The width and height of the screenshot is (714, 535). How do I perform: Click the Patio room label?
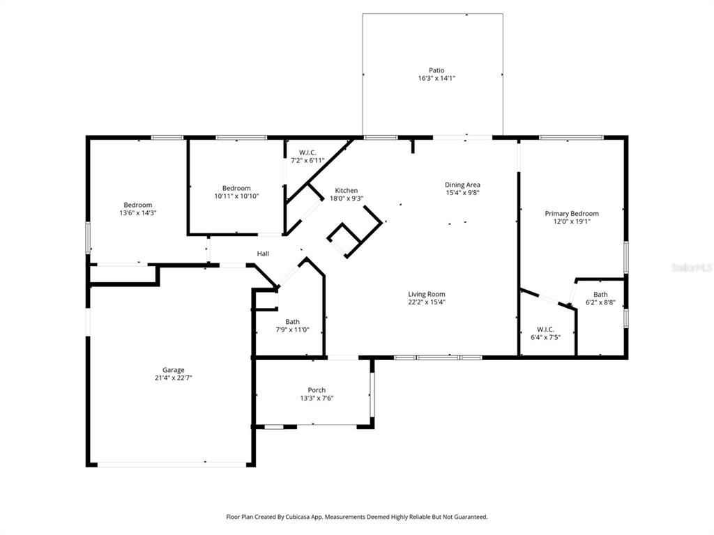click(436, 70)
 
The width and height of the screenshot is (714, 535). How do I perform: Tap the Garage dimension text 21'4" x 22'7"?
click(174, 378)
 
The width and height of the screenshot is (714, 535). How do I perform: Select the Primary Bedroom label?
click(572, 214)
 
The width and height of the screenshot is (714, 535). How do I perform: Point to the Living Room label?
click(427, 294)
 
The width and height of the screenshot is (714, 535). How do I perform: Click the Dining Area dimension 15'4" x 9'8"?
click(463, 193)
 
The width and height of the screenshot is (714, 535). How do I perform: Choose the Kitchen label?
click(347, 190)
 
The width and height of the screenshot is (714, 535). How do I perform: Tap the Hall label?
click(263, 254)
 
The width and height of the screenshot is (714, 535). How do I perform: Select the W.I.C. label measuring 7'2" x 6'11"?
click(307, 153)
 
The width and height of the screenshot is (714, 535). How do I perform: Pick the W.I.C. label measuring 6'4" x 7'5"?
click(545, 329)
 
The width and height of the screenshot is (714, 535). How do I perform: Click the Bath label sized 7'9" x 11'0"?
click(292, 322)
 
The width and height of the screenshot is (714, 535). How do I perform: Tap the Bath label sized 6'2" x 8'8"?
click(600, 295)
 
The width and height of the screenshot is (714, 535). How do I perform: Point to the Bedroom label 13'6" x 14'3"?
click(138, 205)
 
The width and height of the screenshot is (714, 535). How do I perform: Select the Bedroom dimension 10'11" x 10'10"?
click(236, 196)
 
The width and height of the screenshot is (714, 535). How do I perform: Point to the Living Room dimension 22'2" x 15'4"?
click(427, 302)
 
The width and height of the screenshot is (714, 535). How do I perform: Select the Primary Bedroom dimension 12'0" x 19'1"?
click(572, 222)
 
